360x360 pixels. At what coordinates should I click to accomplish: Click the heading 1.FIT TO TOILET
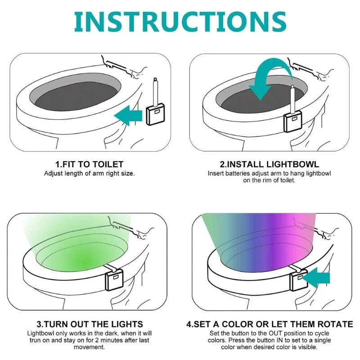point(89,165)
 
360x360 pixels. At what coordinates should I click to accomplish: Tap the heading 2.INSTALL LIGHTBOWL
point(269,165)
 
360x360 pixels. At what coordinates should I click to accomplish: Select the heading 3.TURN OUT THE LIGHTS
point(89,324)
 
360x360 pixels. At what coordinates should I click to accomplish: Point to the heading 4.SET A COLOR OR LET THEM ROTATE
point(269,324)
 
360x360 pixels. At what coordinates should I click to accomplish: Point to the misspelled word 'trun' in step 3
point(36,340)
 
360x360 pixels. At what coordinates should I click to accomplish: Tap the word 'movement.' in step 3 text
point(89,347)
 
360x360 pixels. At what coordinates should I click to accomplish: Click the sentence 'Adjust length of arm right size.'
point(89,173)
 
